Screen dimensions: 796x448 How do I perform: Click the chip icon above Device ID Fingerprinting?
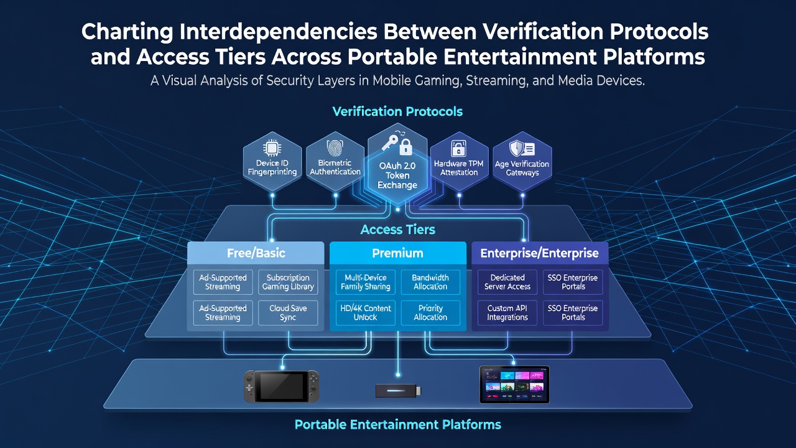point(272,148)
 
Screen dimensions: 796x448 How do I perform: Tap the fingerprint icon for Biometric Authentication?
point(335,148)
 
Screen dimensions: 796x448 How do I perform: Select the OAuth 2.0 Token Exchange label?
point(397,175)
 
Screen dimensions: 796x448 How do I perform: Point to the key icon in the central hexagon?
point(390,142)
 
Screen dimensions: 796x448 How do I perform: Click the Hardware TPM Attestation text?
point(459,168)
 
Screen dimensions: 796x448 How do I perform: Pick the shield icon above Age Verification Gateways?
point(516,148)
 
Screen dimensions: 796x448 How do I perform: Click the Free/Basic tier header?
point(256,253)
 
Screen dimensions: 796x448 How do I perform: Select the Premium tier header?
point(397,253)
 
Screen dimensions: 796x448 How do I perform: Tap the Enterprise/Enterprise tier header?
point(539,253)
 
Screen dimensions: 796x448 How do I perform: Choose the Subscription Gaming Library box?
point(288,282)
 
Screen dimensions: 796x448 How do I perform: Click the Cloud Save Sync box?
point(288,313)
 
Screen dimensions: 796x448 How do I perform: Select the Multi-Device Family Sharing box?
point(365,282)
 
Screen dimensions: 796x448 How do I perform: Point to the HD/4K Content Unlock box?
point(365,313)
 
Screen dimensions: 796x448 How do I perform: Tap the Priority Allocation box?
point(430,313)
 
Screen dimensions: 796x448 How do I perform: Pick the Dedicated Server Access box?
point(507,282)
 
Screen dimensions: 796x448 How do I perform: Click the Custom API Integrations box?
point(507,313)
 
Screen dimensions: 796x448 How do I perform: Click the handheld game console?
point(282,386)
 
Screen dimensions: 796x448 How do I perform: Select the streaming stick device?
point(399,391)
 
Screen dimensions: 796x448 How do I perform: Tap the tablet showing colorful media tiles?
point(514,385)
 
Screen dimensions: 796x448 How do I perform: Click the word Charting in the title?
point(127,32)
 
